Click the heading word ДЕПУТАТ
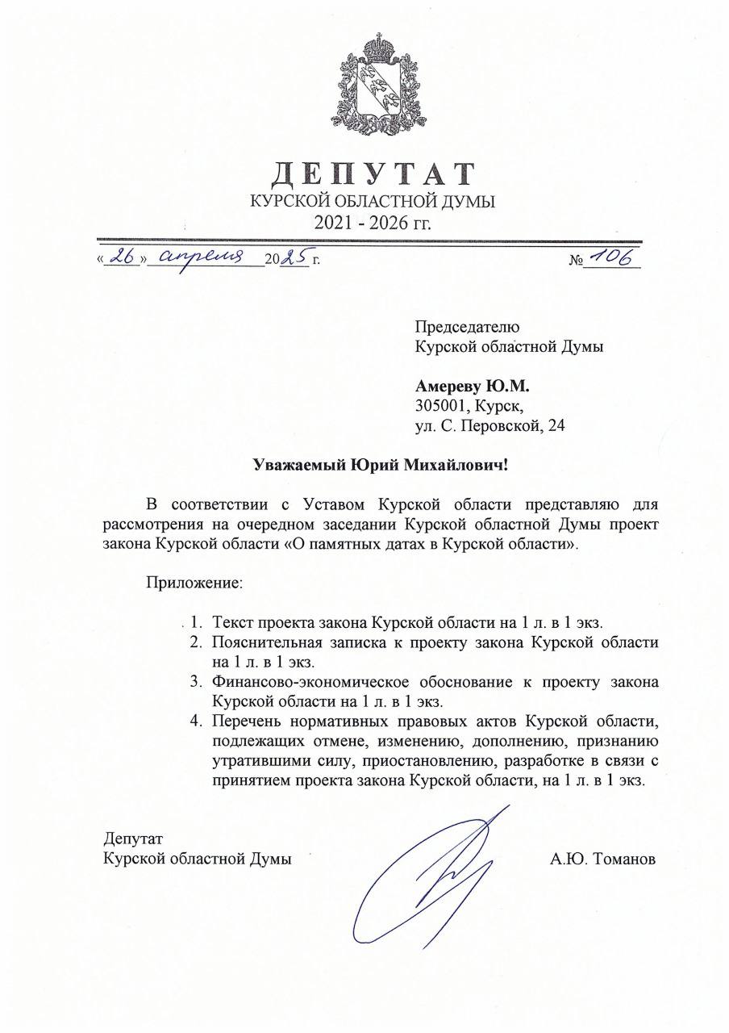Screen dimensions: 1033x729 tap(373, 174)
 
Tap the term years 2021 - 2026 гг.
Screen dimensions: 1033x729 tap(373, 221)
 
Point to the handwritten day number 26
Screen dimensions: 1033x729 tap(122, 257)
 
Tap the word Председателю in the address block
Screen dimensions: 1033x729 tap(467, 327)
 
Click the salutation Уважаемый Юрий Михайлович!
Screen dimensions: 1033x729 tap(381, 466)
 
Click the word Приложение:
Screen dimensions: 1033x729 tap(194, 582)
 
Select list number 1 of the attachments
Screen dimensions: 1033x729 tap(196, 622)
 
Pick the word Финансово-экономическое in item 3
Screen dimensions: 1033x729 tap(309, 682)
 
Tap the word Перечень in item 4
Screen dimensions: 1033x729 tap(244, 721)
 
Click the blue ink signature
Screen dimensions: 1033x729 tap(427, 880)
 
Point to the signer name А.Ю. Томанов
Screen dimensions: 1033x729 tap(603, 859)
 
